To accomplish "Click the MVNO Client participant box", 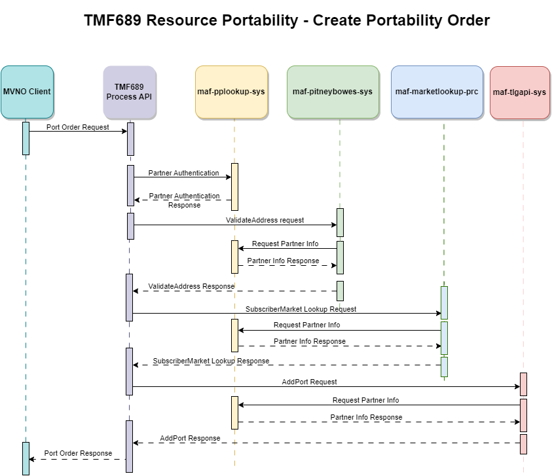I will click(26, 92).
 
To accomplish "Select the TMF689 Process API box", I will click(130, 92).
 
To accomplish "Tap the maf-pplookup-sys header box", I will click(231, 92).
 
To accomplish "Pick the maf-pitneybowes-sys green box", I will click(333, 92).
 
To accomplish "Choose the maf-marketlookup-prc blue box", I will click(437, 92).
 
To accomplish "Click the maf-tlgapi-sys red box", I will click(519, 92).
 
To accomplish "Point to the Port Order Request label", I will click(78, 127).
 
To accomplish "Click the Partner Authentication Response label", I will click(184, 200).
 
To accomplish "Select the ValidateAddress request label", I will click(265, 221).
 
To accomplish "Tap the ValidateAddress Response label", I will click(191, 286).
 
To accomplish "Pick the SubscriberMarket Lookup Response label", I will click(211, 361).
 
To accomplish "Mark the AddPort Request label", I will click(309, 382).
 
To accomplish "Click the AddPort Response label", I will click(190, 438).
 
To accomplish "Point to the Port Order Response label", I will click(78, 453).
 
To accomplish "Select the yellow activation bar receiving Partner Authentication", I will click(234, 187).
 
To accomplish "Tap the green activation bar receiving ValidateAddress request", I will click(340, 223).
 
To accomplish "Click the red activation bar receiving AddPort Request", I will click(523, 384).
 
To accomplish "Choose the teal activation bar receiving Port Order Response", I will click(26, 458).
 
